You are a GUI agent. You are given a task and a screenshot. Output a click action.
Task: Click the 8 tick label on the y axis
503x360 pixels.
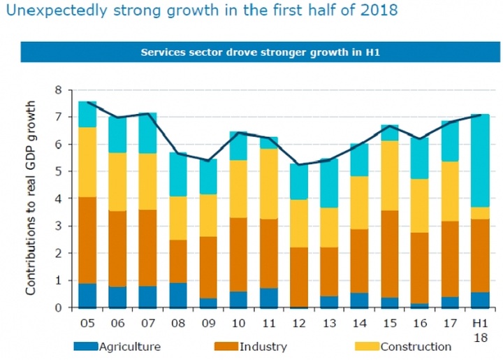pos(59,90)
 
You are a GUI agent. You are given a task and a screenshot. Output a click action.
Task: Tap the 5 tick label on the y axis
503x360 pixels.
pos(59,171)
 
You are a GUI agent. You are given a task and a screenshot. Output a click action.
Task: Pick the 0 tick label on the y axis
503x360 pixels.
pos(59,308)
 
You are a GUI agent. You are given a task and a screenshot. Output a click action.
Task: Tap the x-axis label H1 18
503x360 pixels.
pos(479,330)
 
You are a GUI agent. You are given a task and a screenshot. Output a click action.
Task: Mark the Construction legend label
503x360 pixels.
pos(416,346)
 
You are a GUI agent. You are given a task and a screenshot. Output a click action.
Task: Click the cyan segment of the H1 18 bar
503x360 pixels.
pos(479,161)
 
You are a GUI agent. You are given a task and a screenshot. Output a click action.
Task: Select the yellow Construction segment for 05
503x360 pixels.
pos(87,162)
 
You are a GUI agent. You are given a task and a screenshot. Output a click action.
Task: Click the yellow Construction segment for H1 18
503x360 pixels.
pos(479,213)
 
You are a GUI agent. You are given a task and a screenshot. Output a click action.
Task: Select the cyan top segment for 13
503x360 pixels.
pos(328,183)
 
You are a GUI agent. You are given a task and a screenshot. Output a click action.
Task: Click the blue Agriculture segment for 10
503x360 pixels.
pos(238,299)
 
